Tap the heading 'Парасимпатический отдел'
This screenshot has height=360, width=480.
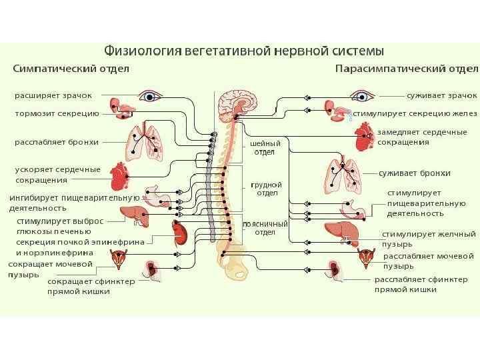[x=406, y=68]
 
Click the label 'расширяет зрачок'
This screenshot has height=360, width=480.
[x=53, y=96]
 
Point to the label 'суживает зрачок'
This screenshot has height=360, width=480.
[x=441, y=96]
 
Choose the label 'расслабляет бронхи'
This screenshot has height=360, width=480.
[x=57, y=142]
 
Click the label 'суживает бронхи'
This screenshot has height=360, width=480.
[x=414, y=173]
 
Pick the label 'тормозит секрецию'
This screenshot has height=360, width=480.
[x=57, y=113]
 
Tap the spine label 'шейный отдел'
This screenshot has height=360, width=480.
[x=265, y=147]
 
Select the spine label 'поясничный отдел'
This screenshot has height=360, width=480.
[x=265, y=228]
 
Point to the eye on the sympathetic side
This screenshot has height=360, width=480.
[x=151, y=96]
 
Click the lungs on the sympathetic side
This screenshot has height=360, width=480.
[x=145, y=142]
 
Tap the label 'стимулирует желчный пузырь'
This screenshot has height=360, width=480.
[x=428, y=239]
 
